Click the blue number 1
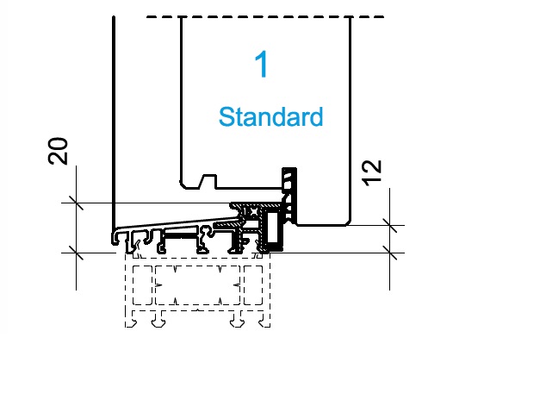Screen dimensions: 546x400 point(261,64)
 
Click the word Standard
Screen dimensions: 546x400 point(271,117)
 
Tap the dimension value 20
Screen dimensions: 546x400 point(59,151)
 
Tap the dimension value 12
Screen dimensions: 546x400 point(372,172)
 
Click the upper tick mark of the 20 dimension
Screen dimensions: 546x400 point(77,203)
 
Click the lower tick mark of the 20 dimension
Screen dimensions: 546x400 point(77,253)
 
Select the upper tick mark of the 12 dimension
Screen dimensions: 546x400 point(389,226)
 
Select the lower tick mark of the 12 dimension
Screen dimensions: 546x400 point(389,253)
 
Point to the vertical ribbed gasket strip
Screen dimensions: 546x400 point(289,195)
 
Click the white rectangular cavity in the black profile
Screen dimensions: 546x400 point(272,228)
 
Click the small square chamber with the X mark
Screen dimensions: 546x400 point(252,212)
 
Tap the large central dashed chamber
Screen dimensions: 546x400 point(197,285)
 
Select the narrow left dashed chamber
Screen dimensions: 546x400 point(142,285)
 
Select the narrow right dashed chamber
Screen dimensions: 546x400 point(253,285)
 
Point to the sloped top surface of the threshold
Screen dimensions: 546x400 point(177,223)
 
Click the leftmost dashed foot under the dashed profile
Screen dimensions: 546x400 point(131,320)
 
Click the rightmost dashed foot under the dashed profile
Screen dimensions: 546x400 point(264,320)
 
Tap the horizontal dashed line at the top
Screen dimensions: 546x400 point(265,16)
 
